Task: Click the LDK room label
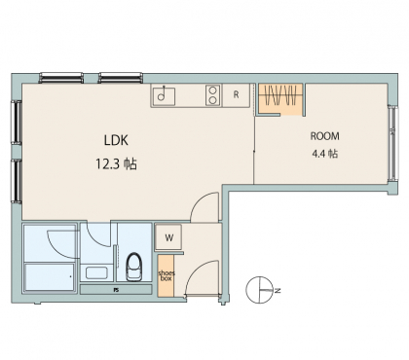point(116,140)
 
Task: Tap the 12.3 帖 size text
point(116,164)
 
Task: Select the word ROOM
point(325,136)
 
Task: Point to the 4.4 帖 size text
point(324,153)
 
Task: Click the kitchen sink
point(164,95)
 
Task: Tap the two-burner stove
point(213,95)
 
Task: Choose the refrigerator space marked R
point(237,94)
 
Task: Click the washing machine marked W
point(168,237)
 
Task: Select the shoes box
point(167,275)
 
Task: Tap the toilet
point(134,267)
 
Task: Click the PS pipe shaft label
point(116,290)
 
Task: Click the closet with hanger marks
point(280,99)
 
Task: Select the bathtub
point(50,278)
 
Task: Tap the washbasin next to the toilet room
point(96,272)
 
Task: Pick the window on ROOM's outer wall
point(393,143)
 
